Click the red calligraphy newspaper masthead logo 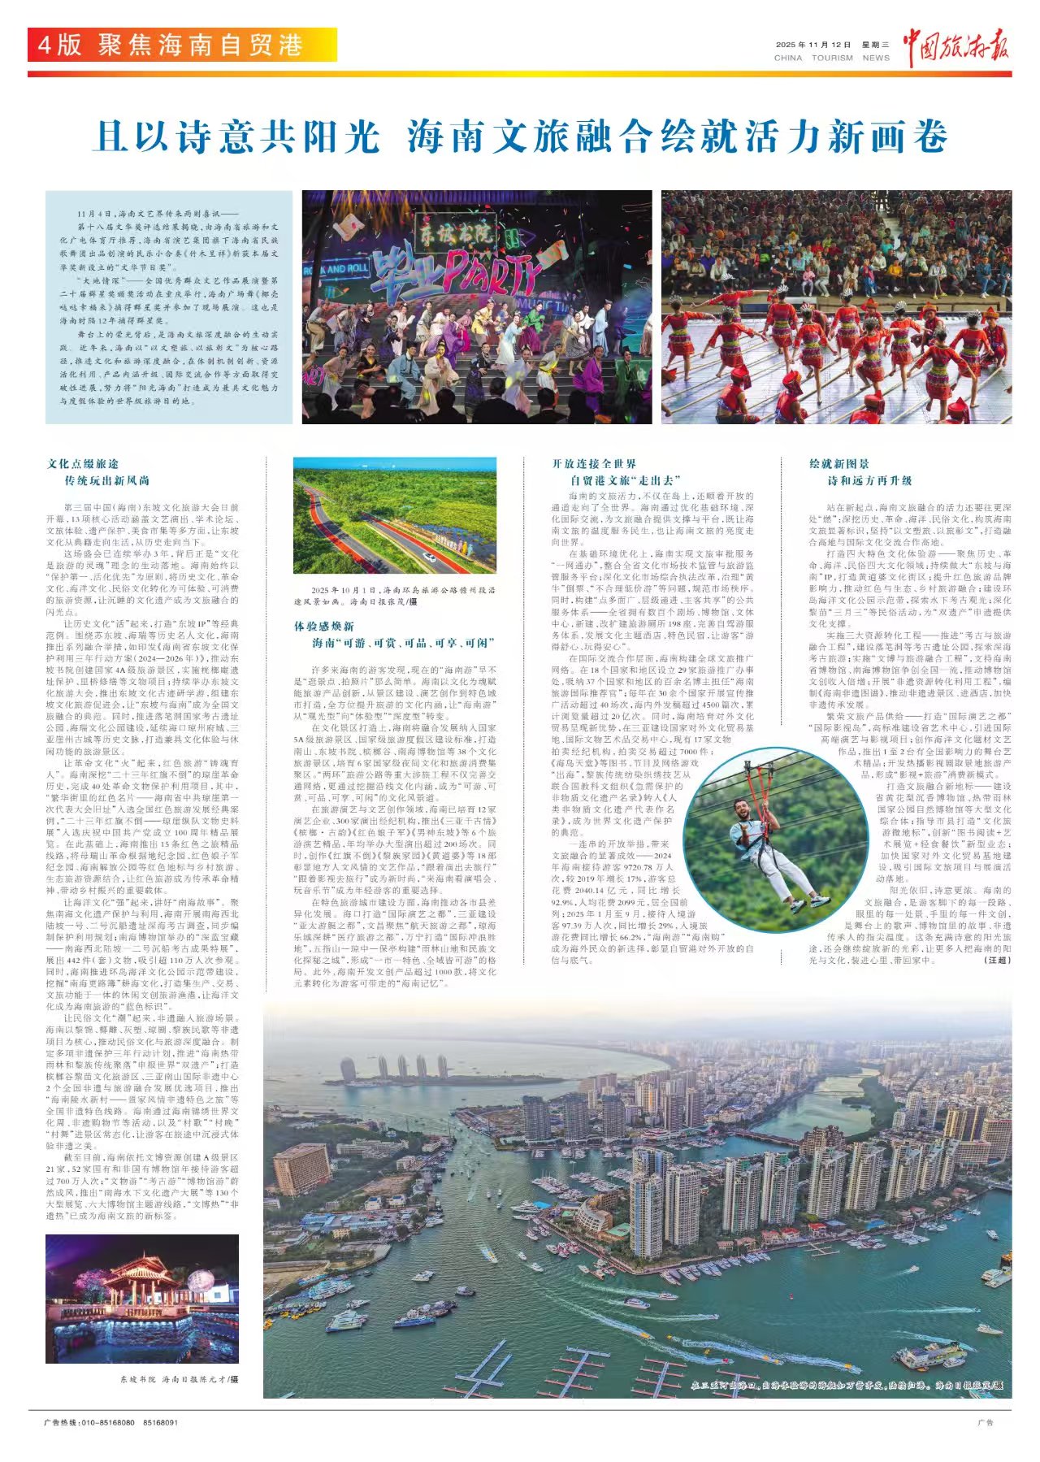click(x=957, y=47)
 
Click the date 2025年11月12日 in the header click(x=813, y=46)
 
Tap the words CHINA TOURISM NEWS click(x=831, y=59)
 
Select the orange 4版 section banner click(x=182, y=45)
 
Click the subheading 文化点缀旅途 click(x=83, y=464)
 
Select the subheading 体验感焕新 click(x=323, y=627)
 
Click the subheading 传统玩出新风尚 click(x=106, y=481)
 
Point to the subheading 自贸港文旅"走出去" click(x=625, y=481)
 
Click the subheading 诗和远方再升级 click(x=869, y=481)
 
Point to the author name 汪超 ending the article click(x=998, y=960)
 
